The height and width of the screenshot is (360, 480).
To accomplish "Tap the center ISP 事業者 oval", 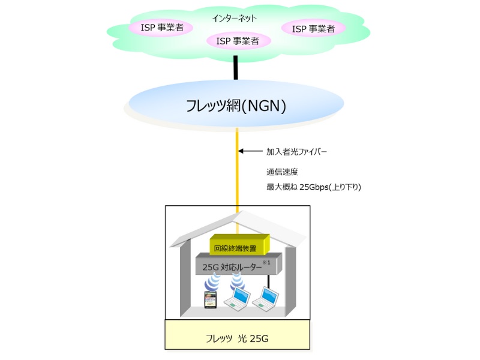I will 237,41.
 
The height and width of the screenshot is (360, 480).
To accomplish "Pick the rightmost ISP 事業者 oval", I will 313,28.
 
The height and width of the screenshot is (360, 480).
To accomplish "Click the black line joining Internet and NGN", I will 236,68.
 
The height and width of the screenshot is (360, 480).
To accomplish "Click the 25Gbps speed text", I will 314,187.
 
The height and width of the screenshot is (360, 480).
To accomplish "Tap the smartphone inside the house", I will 210,301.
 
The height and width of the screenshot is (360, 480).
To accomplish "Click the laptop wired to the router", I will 268,297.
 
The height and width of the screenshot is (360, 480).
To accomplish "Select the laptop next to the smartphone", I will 237,298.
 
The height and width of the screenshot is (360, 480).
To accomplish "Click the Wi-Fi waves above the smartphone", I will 211,283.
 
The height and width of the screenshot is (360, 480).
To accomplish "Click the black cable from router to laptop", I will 268,280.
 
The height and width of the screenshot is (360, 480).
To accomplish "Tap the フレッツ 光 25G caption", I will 238,338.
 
